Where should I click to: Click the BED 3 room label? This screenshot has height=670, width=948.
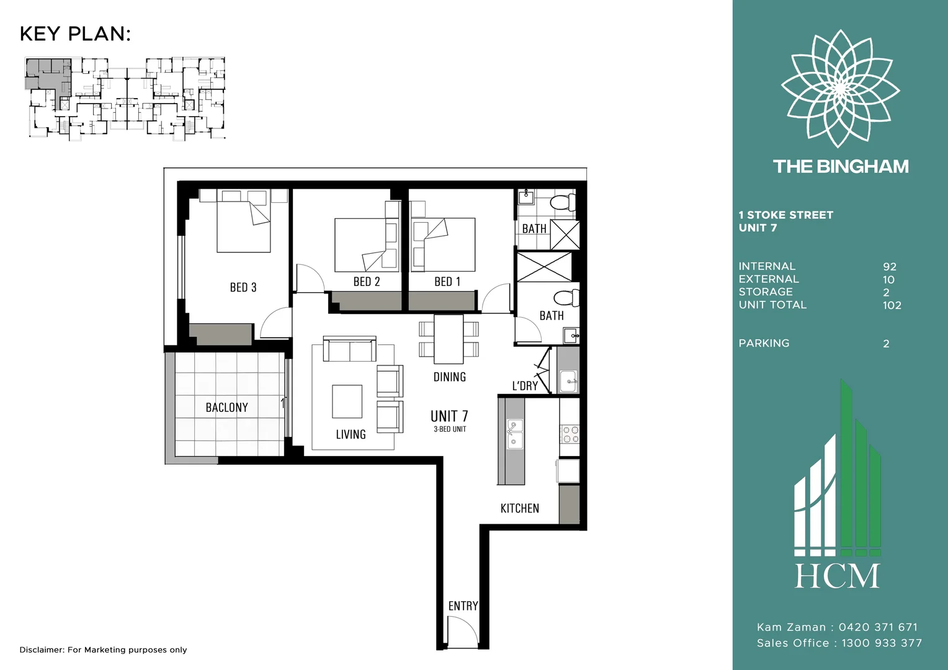tap(243, 287)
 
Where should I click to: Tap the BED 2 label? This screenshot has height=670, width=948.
tap(367, 282)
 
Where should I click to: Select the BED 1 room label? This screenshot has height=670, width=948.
tap(447, 282)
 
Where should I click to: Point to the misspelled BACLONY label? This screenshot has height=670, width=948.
tap(227, 407)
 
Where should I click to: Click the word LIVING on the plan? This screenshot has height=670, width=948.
tap(351, 434)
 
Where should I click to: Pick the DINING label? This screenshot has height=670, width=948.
tap(449, 377)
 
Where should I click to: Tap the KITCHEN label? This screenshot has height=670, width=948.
tap(520, 508)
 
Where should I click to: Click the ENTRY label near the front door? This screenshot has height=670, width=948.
tap(463, 606)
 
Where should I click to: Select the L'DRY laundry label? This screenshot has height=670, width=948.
tap(525, 386)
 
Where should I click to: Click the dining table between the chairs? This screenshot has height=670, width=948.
tap(449, 339)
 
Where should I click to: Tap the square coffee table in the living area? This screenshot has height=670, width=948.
tap(347, 401)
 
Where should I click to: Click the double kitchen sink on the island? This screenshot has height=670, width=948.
tap(515, 434)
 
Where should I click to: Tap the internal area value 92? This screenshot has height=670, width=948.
tap(890, 267)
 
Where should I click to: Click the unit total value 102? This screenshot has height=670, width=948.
tap(892, 305)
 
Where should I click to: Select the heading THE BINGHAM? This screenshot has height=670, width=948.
tap(841, 166)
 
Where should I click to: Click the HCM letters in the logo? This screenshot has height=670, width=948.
tap(838, 576)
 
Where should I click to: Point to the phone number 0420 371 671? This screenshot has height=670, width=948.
tap(878, 627)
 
